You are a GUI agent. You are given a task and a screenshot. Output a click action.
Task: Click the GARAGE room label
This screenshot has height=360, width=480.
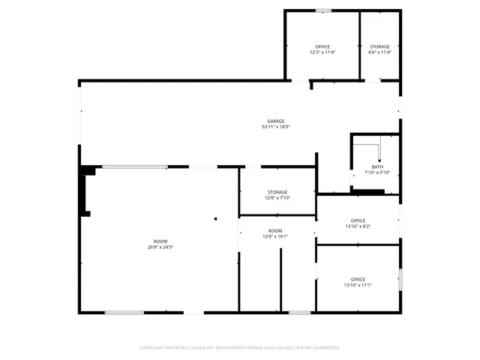(x=276, y=121)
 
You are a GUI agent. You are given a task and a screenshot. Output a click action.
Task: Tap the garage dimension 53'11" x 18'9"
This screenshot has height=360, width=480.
(x=276, y=127)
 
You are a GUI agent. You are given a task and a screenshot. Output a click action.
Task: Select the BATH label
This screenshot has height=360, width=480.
(x=377, y=167)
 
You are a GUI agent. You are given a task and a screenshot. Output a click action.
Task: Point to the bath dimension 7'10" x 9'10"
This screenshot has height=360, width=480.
(x=377, y=173)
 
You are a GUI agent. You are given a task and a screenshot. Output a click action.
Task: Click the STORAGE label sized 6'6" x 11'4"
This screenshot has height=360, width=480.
(x=379, y=46)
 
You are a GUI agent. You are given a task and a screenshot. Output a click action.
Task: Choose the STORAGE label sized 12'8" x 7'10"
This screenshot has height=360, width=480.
(x=277, y=192)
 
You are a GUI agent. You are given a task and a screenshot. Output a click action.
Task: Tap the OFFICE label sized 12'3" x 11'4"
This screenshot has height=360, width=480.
(x=322, y=46)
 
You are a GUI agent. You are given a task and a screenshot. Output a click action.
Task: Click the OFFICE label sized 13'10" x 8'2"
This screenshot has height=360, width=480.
(x=358, y=220)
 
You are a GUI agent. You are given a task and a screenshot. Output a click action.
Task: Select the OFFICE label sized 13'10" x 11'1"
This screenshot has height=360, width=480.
(x=358, y=279)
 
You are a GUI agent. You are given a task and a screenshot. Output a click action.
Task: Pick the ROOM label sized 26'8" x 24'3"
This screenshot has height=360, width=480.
(x=160, y=241)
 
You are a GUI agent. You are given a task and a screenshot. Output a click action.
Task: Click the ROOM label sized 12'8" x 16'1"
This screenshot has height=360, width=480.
(x=275, y=230)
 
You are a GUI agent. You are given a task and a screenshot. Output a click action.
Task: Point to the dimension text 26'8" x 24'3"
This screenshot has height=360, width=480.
(x=160, y=247)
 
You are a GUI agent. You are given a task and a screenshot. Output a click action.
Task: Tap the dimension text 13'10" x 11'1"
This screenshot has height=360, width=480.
(x=358, y=285)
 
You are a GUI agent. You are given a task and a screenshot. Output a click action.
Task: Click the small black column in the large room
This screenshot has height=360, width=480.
(x=215, y=219)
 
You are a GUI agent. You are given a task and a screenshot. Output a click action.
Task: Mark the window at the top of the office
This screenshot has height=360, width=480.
(x=323, y=10)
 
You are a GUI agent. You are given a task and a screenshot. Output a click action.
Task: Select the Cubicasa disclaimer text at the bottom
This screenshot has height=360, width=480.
(x=239, y=348)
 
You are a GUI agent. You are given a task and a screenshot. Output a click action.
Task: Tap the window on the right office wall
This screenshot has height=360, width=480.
(x=400, y=279)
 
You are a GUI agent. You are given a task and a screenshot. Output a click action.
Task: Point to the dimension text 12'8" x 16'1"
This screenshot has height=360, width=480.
(x=275, y=236)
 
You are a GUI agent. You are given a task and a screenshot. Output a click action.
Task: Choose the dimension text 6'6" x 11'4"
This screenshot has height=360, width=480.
(x=379, y=52)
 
